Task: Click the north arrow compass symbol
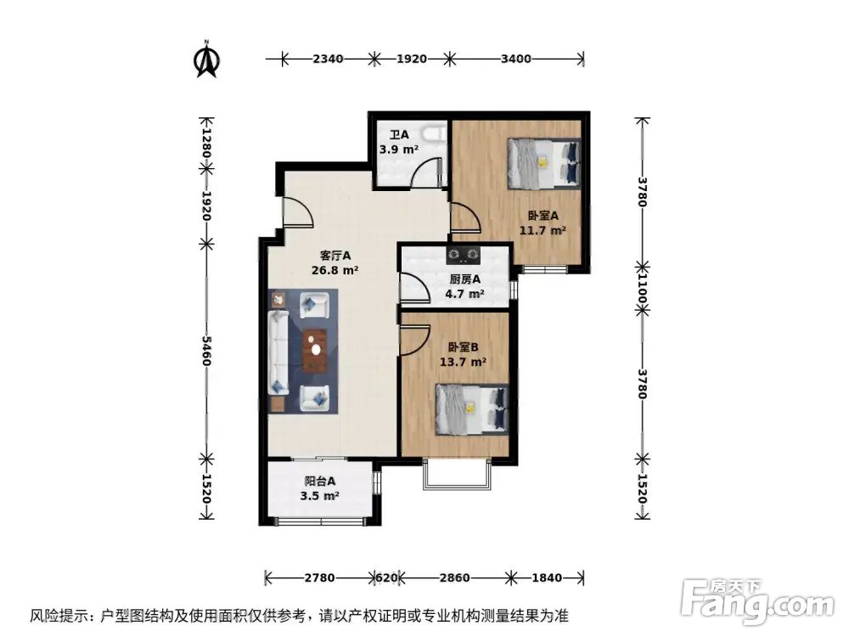206,59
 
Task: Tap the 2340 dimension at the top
328,59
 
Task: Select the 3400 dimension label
516,59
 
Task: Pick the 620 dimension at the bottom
387,578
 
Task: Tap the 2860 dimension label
455,578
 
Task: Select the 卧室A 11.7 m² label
543,223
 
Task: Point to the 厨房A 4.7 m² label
464,286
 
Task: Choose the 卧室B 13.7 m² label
463,353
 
